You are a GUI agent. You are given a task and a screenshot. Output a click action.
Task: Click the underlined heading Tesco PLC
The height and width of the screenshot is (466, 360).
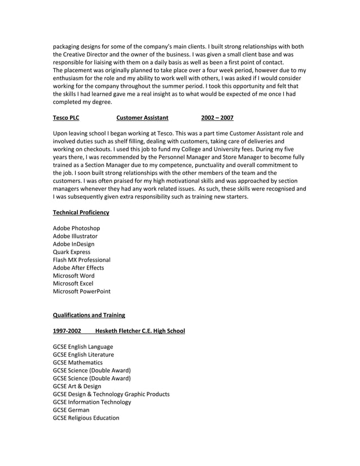click(66, 117)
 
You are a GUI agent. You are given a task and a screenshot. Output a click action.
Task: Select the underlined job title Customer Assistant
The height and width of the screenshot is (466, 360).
click(142, 117)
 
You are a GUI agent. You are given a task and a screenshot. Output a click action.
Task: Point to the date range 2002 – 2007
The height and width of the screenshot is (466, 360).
click(217, 117)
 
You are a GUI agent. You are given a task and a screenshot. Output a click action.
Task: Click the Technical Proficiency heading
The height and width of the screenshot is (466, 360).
click(81, 212)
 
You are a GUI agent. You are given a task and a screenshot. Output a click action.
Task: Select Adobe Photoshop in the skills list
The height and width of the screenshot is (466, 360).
click(77, 228)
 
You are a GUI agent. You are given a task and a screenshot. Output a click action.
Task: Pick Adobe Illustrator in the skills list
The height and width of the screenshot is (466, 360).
click(75, 236)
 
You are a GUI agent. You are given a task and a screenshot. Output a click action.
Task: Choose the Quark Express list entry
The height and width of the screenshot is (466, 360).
click(72, 252)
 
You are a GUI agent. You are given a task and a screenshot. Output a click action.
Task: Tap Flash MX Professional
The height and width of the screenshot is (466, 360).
click(82, 260)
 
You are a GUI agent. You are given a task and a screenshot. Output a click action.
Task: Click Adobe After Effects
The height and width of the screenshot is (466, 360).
click(78, 267)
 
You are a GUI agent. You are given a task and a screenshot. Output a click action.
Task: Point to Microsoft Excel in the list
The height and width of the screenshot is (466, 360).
click(73, 283)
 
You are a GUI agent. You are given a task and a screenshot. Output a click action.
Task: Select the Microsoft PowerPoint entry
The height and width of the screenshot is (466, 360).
click(81, 291)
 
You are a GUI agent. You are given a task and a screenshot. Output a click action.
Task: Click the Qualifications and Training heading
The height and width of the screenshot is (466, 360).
click(89, 315)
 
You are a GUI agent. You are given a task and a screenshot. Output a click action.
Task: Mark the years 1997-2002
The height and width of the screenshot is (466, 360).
click(67, 331)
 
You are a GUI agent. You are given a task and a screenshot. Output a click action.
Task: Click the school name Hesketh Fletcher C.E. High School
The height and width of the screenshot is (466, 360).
click(140, 331)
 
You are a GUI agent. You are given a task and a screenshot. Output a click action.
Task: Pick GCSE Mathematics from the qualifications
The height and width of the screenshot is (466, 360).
click(78, 362)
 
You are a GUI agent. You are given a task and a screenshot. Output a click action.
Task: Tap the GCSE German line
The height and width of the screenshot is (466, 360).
click(71, 410)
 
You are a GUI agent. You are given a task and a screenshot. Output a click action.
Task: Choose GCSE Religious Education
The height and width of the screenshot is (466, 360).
click(86, 417)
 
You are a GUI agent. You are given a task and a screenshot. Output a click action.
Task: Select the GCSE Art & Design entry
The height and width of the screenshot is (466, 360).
click(77, 386)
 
